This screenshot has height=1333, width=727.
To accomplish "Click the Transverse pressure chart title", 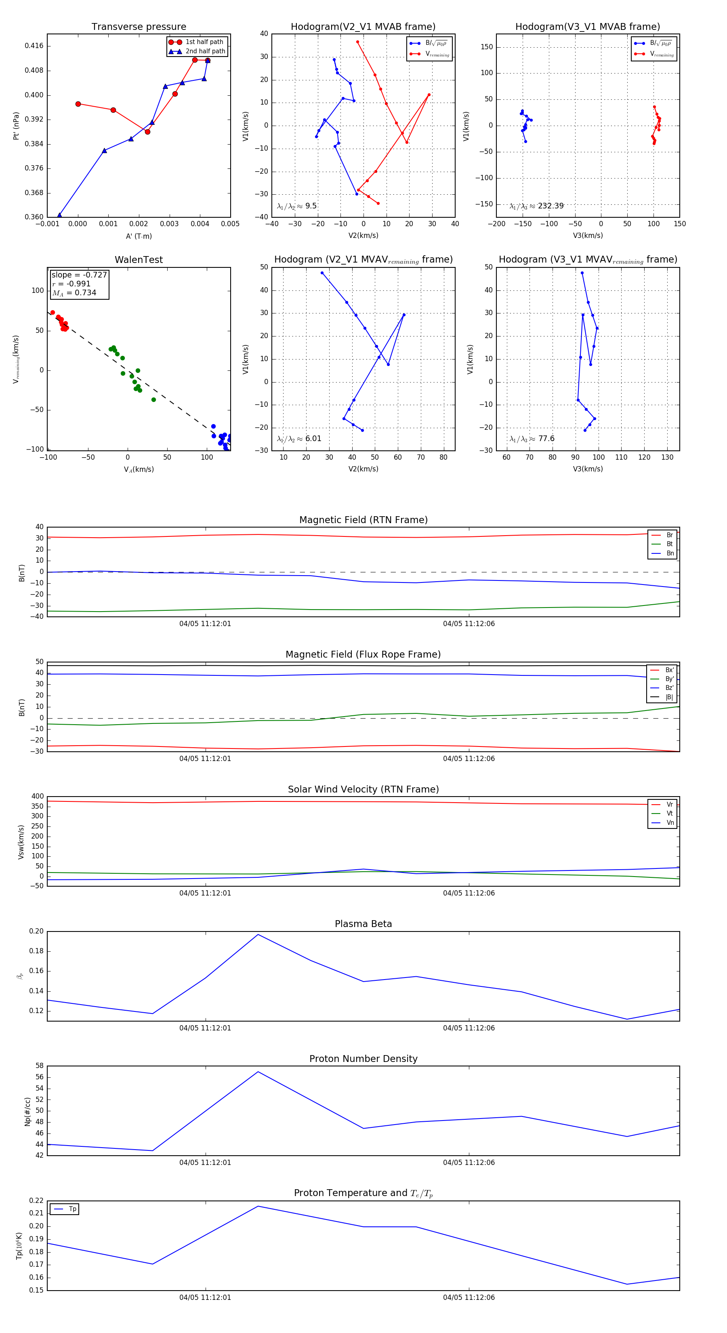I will [x=139, y=27].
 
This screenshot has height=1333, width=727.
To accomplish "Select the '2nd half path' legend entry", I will [x=205, y=51].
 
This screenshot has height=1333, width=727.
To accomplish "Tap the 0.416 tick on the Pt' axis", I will [x=34, y=46].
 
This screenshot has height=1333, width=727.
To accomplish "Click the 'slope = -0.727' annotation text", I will [x=79, y=275].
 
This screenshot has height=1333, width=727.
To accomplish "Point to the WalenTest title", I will [x=139, y=260].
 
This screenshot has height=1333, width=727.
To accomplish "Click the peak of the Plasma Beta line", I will [x=258, y=934].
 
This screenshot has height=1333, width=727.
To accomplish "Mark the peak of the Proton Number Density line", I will [x=258, y=1071].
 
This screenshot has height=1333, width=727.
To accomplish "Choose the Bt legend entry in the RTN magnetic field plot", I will [x=669, y=544].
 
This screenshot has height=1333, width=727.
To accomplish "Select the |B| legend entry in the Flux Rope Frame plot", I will [x=669, y=697].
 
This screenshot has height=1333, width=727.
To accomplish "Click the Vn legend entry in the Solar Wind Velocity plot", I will [x=670, y=822].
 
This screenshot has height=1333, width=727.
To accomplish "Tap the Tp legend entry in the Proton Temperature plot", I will [x=72, y=1209].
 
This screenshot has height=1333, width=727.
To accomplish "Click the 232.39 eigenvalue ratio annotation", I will [x=550, y=206].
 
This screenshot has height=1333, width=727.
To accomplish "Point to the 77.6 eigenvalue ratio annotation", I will [x=546, y=439].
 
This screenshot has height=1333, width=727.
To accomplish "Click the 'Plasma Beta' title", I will [x=363, y=924].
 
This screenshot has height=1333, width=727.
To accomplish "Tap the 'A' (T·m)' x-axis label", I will [x=139, y=236].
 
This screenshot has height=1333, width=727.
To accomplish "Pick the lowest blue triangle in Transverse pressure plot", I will [x=59, y=215].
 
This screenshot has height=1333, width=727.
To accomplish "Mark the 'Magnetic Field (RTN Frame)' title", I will [x=363, y=520].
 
